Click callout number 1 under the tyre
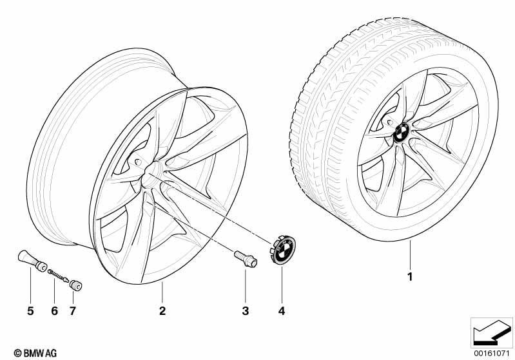409,277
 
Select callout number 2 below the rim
162,310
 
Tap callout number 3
246,310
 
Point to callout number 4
282,310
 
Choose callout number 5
30,310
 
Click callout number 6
55,310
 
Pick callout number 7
73,310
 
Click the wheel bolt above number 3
246,259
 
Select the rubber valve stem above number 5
32,261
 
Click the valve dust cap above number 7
76,285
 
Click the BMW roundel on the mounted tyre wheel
401,133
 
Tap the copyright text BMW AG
35,353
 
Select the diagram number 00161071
492,353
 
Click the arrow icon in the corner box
492,334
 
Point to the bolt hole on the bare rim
139,162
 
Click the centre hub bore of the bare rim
151,172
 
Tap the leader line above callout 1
410,255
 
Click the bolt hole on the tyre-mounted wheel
390,122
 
